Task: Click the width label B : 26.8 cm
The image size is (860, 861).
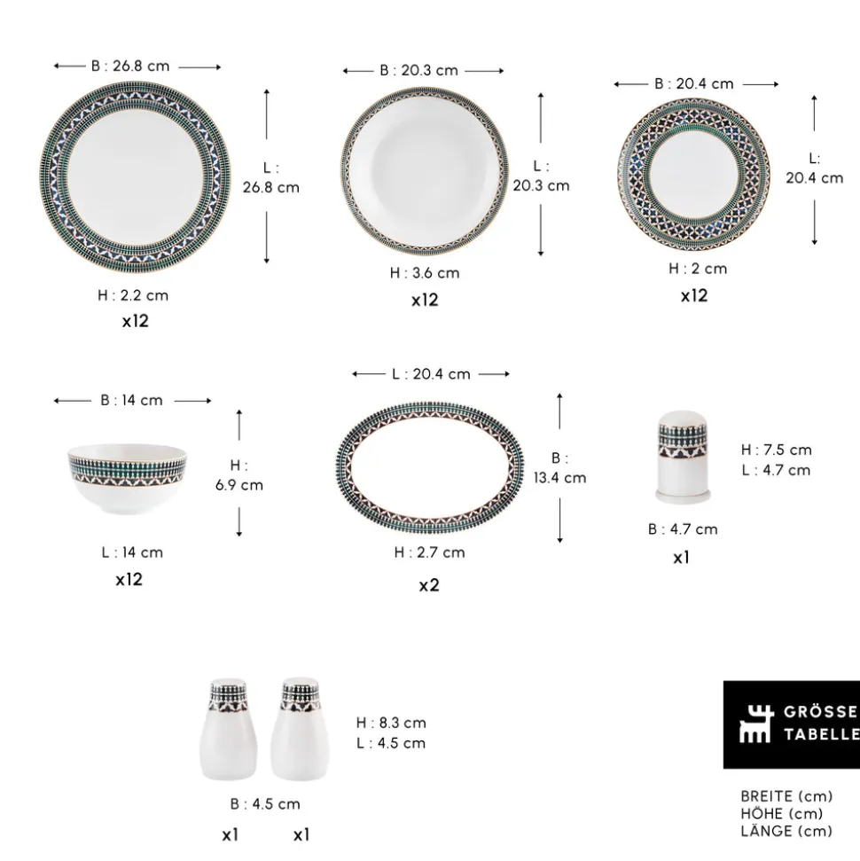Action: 130,66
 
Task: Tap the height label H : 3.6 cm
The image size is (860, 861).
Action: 425,273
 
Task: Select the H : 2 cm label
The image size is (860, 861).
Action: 698,269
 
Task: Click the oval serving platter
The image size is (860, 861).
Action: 429,467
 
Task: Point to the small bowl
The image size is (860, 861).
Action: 128,478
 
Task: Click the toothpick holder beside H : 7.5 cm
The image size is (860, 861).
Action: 683,457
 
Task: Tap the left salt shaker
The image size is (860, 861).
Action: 230,729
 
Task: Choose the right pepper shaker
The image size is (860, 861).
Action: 300,729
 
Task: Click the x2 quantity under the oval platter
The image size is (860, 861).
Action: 429,585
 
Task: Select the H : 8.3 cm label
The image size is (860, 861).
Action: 391,723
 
